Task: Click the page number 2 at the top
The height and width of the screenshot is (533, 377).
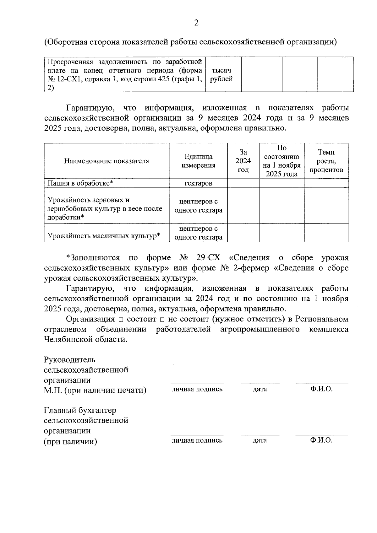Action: tap(196, 23)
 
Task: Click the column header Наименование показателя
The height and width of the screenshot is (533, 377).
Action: tap(107, 161)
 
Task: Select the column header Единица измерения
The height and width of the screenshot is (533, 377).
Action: tap(198, 161)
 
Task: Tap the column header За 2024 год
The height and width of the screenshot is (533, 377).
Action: tap(243, 161)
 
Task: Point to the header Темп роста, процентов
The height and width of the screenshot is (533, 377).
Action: tap(326, 161)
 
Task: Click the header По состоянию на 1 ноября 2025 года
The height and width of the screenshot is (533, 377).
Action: tap(281, 161)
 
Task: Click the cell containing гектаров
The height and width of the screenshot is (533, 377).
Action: tap(198, 183)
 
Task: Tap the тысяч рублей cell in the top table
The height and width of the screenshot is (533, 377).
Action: tap(221, 75)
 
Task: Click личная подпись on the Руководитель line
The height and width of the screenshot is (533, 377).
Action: tap(197, 389)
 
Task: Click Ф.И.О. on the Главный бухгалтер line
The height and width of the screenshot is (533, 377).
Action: tap(321, 440)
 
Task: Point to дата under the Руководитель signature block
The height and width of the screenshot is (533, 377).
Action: tap(260, 389)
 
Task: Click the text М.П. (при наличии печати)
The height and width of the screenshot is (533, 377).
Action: tap(95, 390)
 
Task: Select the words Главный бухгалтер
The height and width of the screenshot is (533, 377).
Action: tap(80, 411)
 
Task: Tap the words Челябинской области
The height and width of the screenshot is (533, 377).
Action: tap(86, 340)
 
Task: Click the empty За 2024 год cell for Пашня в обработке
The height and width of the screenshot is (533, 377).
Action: tap(243, 183)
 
